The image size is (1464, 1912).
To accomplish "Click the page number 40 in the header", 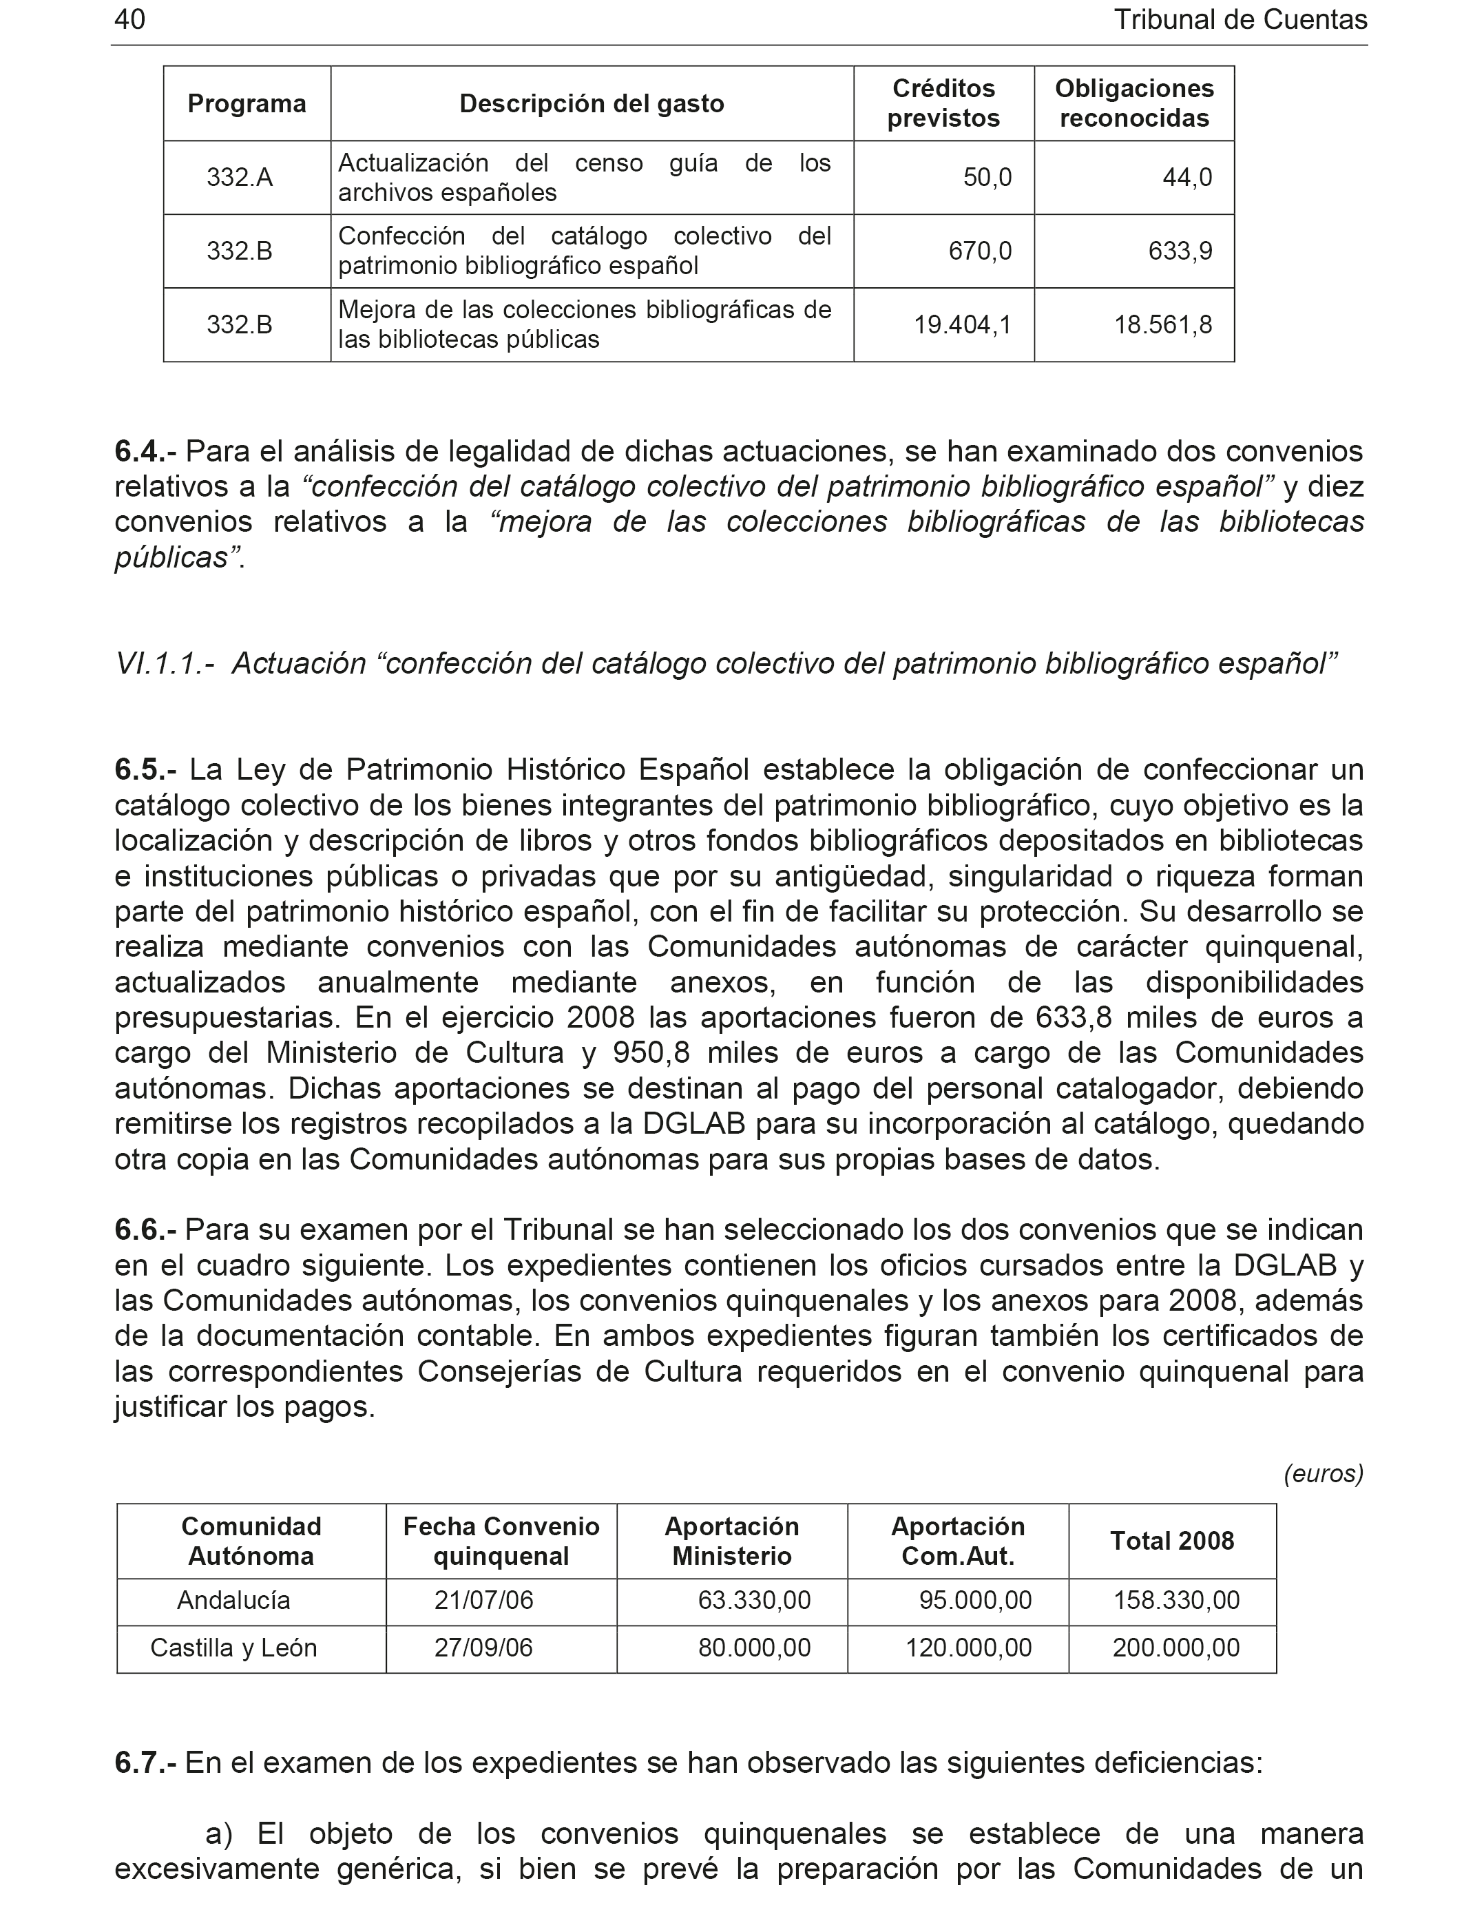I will (x=130, y=20).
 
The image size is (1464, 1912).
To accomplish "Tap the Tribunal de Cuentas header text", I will (x=1240, y=20).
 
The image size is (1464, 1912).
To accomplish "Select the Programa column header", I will (x=247, y=104).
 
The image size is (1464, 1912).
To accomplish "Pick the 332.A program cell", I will (x=240, y=178).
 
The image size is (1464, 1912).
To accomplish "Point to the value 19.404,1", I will (x=962, y=325).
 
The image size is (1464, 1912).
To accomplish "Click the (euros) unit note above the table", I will (x=1323, y=1474).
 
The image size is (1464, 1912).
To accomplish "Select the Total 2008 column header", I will (x=1172, y=1541).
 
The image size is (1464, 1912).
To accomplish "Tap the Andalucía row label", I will (x=233, y=1600).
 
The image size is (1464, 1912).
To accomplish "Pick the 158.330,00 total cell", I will (x=1175, y=1600).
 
